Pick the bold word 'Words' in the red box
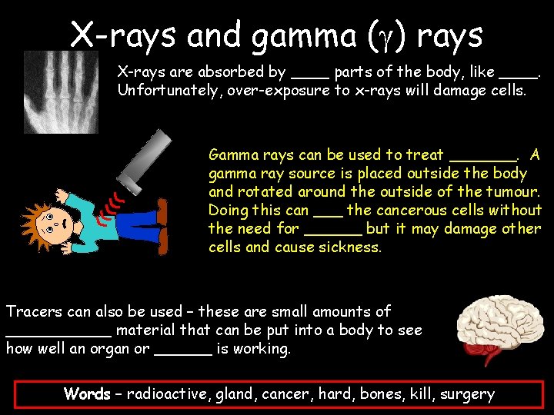87,394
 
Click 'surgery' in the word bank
467,394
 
